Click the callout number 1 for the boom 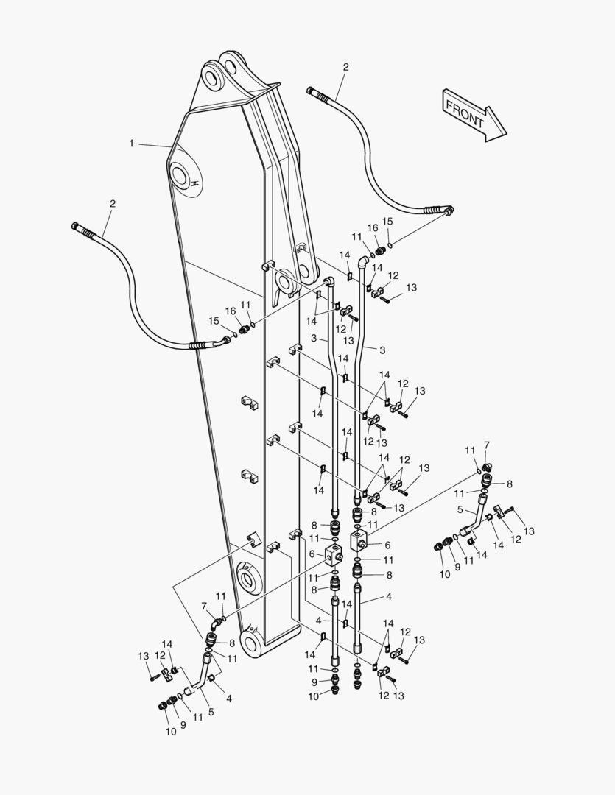[132, 144]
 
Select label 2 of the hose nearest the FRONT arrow [345, 67]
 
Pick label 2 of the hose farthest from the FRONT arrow [113, 203]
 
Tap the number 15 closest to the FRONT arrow [387, 222]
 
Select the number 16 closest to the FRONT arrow [373, 228]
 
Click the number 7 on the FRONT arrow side [486, 445]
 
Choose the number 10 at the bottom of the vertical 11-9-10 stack [314, 696]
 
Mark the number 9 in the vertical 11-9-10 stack [314, 682]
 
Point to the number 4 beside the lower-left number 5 [229, 698]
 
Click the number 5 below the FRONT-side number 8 [460, 509]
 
